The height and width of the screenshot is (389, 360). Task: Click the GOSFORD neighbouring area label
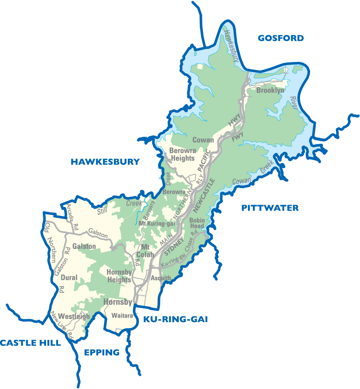[x=281, y=38]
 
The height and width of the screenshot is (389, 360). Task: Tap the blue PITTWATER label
[x=270, y=208]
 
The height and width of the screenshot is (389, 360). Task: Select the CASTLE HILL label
[x=30, y=343]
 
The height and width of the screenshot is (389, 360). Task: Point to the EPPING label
[x=102, y=352]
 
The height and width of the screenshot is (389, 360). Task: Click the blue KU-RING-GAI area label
[x=175, y=320]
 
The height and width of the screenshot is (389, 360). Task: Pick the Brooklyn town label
[x=270, y=90]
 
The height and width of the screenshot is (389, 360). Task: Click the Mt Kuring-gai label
[x=157, y=224]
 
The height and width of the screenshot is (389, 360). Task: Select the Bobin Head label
[x=197, y=223]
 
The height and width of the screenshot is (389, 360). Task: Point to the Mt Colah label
[x=145, y=251]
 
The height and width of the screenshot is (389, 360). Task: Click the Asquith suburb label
[x=161, y=278]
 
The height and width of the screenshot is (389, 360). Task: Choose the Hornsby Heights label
[x=119, y=276]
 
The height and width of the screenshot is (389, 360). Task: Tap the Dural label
[x=69, y=278]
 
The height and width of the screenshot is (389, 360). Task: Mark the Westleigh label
[x=74, y=316]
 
